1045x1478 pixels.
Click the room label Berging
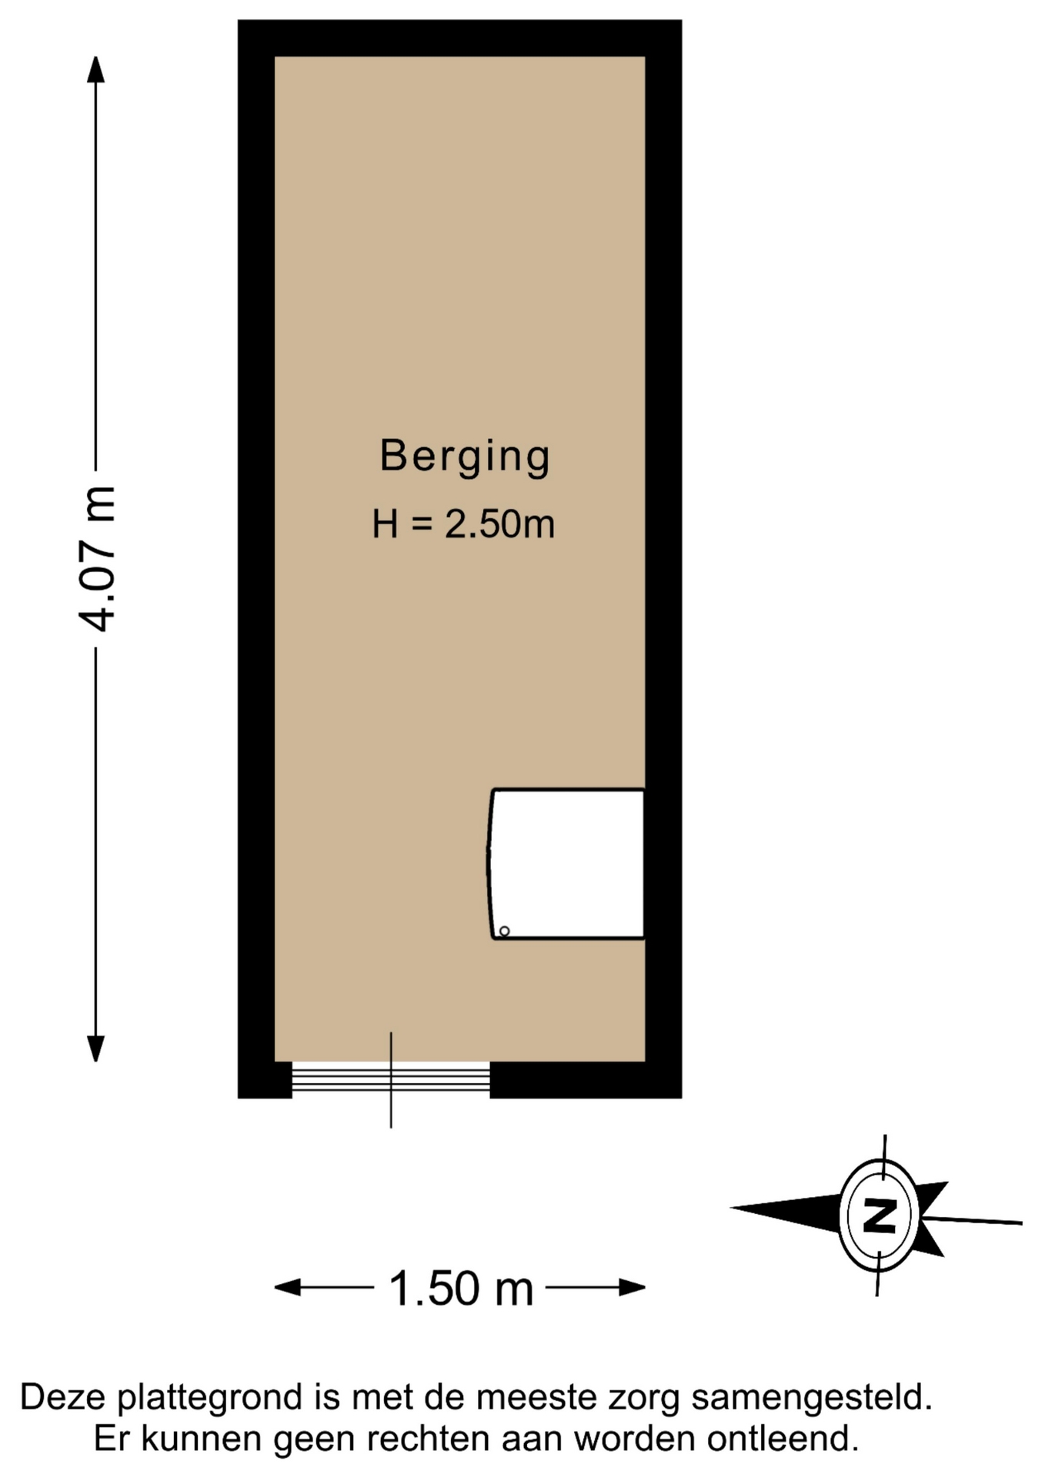point(465,457)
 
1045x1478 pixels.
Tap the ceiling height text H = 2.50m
point(463,524)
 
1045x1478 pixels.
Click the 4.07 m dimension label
point(98,559)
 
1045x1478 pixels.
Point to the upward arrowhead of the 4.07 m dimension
point(95,69)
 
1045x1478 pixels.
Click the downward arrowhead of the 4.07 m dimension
point(95,1049)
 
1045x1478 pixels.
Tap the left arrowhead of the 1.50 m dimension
point(288,1287)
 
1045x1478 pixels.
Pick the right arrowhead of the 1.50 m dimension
point(632,1287)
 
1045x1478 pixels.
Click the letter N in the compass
point(879,1216)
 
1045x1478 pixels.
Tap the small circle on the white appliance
point(505,931)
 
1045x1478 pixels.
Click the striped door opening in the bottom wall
point(391,1078)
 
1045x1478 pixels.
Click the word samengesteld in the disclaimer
point(812,1398)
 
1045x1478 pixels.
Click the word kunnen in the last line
point(201,1439)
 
